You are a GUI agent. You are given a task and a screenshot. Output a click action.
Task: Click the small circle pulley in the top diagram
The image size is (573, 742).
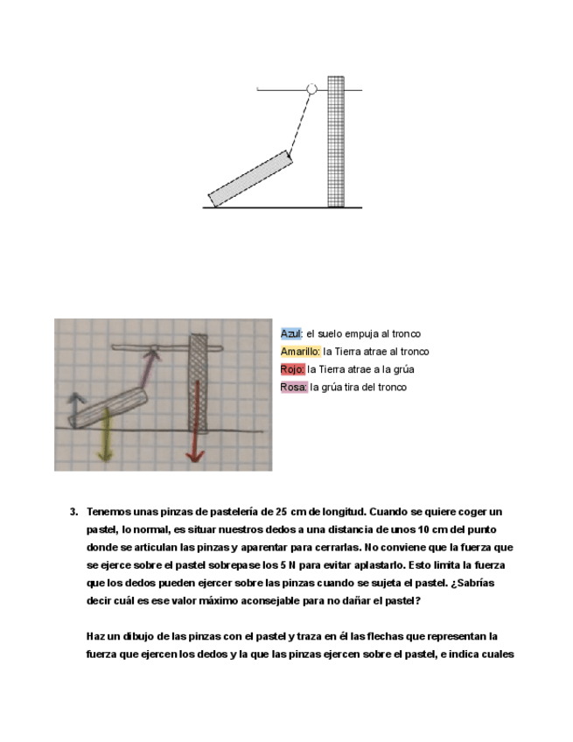311,88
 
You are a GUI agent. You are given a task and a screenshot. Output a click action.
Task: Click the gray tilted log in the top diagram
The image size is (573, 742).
249,179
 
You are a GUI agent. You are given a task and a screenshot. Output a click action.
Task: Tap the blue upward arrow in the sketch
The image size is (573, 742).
76,405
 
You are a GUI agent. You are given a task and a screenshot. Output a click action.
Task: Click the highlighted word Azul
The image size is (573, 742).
290,334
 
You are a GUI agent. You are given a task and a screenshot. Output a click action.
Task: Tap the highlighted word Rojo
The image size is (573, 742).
292,369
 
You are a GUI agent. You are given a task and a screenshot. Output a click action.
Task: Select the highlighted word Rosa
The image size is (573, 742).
293,387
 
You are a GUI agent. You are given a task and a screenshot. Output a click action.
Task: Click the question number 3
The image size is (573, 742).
73,512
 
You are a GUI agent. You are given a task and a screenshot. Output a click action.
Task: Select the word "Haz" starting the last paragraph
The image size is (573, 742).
95,635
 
